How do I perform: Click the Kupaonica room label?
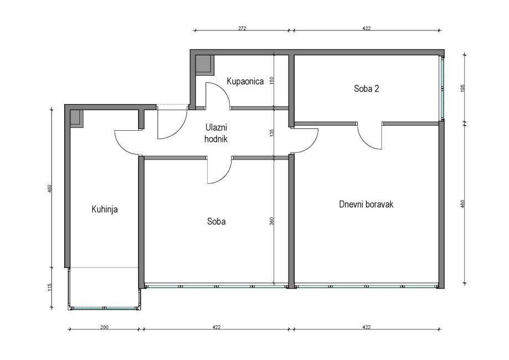tap(245, 81)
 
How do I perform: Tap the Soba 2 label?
tap(367, 89)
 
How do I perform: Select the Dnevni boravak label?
tap(366, 204)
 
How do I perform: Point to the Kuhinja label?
tap(105, 209)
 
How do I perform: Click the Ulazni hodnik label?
tap(216, 133)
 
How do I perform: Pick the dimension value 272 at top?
tap(242, 28)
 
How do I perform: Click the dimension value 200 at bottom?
tap(104, 327)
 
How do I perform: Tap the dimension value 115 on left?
tap(50, 287)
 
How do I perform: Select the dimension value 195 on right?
tap(463, 89)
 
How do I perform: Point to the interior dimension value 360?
tap(272, 221)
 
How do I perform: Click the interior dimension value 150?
tap(272, 80)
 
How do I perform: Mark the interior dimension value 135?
tap(272, 133)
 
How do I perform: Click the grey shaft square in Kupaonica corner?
tap(204, 65)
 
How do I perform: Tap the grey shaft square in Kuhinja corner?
tap(77, 118)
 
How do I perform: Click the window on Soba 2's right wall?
tap(442, 88)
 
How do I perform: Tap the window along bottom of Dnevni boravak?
tap(366, 287)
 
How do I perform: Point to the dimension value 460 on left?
tap(50, 189)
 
